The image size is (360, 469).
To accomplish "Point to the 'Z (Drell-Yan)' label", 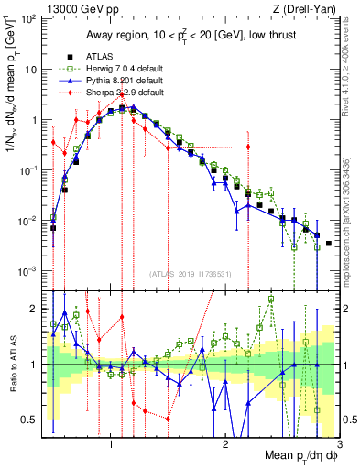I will [310, 8].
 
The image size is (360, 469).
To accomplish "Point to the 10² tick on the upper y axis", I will [30, 19].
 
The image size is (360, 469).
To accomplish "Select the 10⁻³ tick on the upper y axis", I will [30, 271].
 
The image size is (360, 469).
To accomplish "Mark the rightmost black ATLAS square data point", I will [329, 244].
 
